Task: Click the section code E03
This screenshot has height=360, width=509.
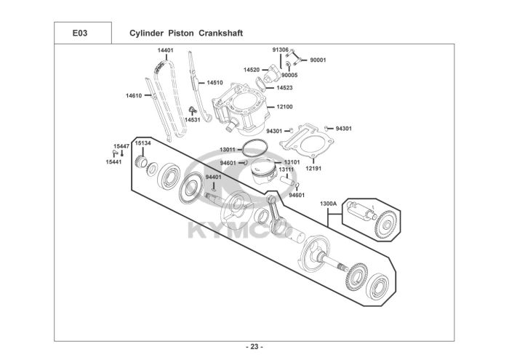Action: coord(80,33)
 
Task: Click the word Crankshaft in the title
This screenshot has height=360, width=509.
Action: coord(221,33)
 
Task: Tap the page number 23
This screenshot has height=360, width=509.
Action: coord(254,347)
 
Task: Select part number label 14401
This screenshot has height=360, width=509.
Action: coord(166,50)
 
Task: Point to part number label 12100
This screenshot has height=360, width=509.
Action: coord(285,107)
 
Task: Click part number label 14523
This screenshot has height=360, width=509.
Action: coord(285,88)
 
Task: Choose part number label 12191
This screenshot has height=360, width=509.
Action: coord(313,169)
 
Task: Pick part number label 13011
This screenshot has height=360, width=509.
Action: coord(227,150)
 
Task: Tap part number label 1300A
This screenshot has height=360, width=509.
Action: coord(328,204)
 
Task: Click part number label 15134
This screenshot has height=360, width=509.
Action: coord(143,143)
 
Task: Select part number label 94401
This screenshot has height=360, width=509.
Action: coord(213,177)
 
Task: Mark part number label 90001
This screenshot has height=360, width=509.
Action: coord(318,60)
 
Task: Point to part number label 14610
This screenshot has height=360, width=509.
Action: coord(134,96)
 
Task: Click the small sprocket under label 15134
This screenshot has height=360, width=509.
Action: coord(141,161)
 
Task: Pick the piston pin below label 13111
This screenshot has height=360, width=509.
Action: coord(287,180)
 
